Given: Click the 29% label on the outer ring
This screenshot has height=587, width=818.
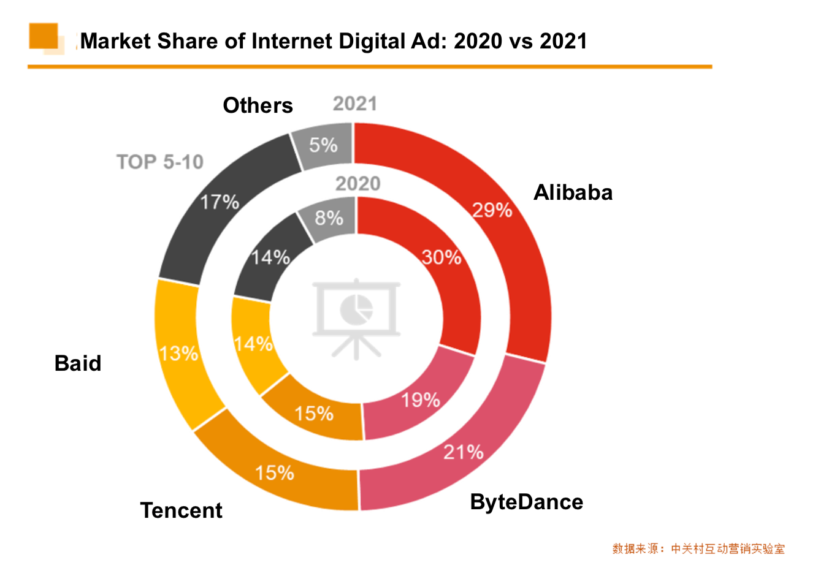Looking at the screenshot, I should (x=492, y=210).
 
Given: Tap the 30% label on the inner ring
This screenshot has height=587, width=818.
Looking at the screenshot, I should (x=441, y=257).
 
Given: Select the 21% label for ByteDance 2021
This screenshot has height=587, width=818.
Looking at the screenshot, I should (x=464, y=452).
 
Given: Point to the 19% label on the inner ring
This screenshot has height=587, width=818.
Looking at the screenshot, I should (x=421, y=401).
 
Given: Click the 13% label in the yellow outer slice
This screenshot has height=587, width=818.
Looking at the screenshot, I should (x=178, y=354).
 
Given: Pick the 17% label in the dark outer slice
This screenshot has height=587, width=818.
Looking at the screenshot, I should (x=220, y=202).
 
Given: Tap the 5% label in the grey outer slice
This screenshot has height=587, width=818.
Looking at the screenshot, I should (x=323, y=145).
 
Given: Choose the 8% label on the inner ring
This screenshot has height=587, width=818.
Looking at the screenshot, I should (x=329, y=218).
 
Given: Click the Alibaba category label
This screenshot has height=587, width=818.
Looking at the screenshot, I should (x=573, y=192).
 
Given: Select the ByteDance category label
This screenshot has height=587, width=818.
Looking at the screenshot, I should (x=526, y=502).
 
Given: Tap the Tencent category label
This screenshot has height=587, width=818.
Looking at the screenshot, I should (x=181, y=510).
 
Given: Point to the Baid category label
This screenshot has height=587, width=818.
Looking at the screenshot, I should (x=78, y=363).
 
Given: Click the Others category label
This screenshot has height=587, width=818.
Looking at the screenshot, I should (x=258, y=105).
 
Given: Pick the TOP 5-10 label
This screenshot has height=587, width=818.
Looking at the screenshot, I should (x=160, y=162).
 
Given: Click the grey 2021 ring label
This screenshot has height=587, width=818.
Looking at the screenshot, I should (x=354, y=104).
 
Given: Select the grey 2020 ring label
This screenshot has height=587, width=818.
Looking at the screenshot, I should (x=357, y=183).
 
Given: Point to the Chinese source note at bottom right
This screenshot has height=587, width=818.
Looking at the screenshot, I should (x=698, y=549).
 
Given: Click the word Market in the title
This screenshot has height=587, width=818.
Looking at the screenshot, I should (x=116, y=41).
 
